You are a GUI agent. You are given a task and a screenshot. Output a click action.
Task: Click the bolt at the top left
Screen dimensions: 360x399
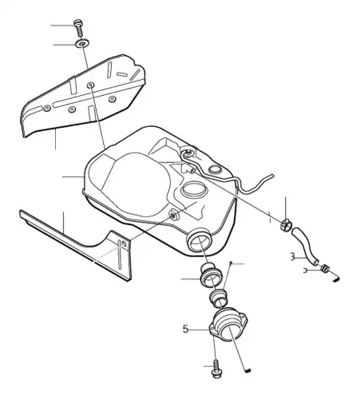(78, 28)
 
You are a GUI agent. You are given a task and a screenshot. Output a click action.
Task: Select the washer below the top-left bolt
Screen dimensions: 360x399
(82, 43)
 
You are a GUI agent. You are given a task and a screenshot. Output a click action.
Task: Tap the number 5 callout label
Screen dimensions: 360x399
(185, 329)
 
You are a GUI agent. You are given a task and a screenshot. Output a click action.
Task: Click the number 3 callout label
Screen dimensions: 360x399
(292, 257)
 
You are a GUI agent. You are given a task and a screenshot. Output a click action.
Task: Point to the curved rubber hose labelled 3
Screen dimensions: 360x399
(304, 246)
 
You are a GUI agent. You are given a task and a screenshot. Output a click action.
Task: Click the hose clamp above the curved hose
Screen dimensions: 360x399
(287, 225)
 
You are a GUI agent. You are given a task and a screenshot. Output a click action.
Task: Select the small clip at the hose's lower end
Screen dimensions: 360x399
(325, 268)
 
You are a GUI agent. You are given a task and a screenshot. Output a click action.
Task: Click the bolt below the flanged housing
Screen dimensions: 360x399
(216, 368)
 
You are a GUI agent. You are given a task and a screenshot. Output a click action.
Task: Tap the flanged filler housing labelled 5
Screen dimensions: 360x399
(228, 325)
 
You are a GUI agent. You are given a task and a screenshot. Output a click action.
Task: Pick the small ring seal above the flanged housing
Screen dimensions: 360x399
(219, 298)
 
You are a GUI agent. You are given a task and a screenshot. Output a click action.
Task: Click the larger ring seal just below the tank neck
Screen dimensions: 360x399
(211, 276)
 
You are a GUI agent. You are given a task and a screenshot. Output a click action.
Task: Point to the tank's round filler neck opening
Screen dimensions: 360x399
(200, 240)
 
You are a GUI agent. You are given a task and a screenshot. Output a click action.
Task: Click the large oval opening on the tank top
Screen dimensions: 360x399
(193, 189)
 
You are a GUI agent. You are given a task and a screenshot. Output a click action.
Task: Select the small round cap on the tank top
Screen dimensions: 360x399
(215, 169)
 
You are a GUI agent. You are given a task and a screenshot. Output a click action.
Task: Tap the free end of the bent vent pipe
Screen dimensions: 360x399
(271, 176)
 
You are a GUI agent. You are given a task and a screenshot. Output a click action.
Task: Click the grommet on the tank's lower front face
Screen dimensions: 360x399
(173, 214)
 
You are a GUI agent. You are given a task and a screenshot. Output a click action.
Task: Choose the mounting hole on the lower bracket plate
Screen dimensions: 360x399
(124, 244)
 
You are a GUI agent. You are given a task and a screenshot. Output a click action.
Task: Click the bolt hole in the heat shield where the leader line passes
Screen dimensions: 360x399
(91, 85)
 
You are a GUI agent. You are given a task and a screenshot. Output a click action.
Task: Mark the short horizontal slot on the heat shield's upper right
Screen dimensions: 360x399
(122, 73)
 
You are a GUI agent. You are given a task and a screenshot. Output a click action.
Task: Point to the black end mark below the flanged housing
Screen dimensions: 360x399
(248, 369)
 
